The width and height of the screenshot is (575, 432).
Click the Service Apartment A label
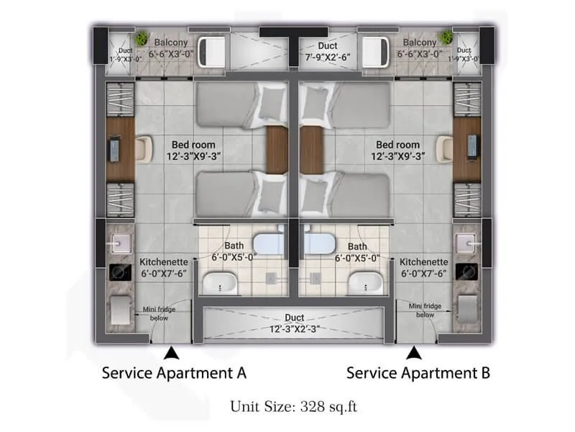(174, 373)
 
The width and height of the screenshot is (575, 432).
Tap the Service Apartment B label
(418, 373)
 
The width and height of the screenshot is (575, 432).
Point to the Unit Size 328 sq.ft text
(293, 407)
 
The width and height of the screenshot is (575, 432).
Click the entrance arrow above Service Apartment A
(171, 353)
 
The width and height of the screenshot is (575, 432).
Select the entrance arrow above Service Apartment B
(413, 353)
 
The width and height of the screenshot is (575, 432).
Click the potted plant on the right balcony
(447, 37)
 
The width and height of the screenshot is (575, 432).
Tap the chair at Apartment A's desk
(144, 148)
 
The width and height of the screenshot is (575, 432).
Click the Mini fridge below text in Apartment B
(424, 310)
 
